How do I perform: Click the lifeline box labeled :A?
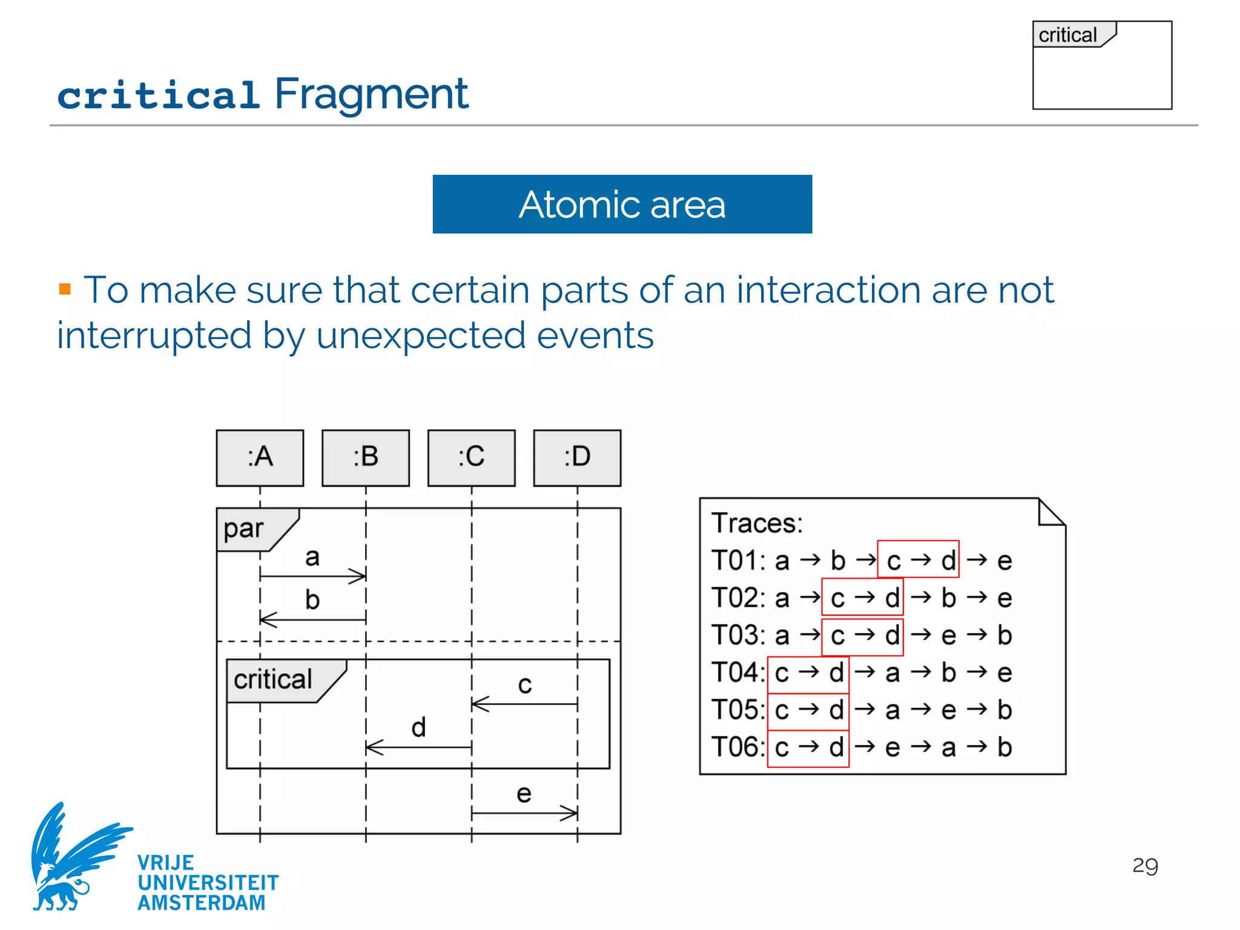click(x=260, y=458)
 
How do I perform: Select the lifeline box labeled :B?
click(x=366, y=458)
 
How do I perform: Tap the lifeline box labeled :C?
click(x=471, y=458)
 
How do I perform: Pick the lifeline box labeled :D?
click(x=577, y=458)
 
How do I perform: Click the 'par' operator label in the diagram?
click(x=244, y=529)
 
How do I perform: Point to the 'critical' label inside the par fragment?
click(x=273, y=680)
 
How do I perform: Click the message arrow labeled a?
click(x=312, y=576)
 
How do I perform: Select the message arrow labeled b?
click(x=312, y=619)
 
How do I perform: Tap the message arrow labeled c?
click(x=524, y=704)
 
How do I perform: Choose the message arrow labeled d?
click(x=418, y=748)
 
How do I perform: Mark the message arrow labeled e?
click(x=524, y=813)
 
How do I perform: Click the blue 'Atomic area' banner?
click(x=622, y=204)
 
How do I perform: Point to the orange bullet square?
click(x=65, y=289)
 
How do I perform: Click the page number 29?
click(x=1145, y=866)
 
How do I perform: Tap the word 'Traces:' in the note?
click(x=757, y=523)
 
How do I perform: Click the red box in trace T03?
click(x=862, y=636)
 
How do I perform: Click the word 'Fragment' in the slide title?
click(x=371, y=94)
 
